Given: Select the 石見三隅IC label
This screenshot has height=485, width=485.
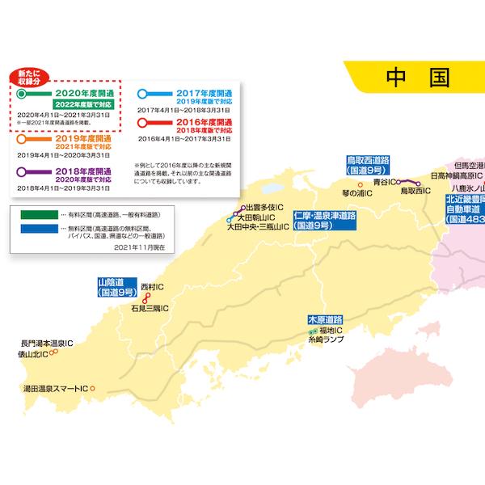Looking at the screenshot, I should tap(147, 309).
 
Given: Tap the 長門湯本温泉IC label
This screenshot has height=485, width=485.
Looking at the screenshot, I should tap(47, 343).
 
